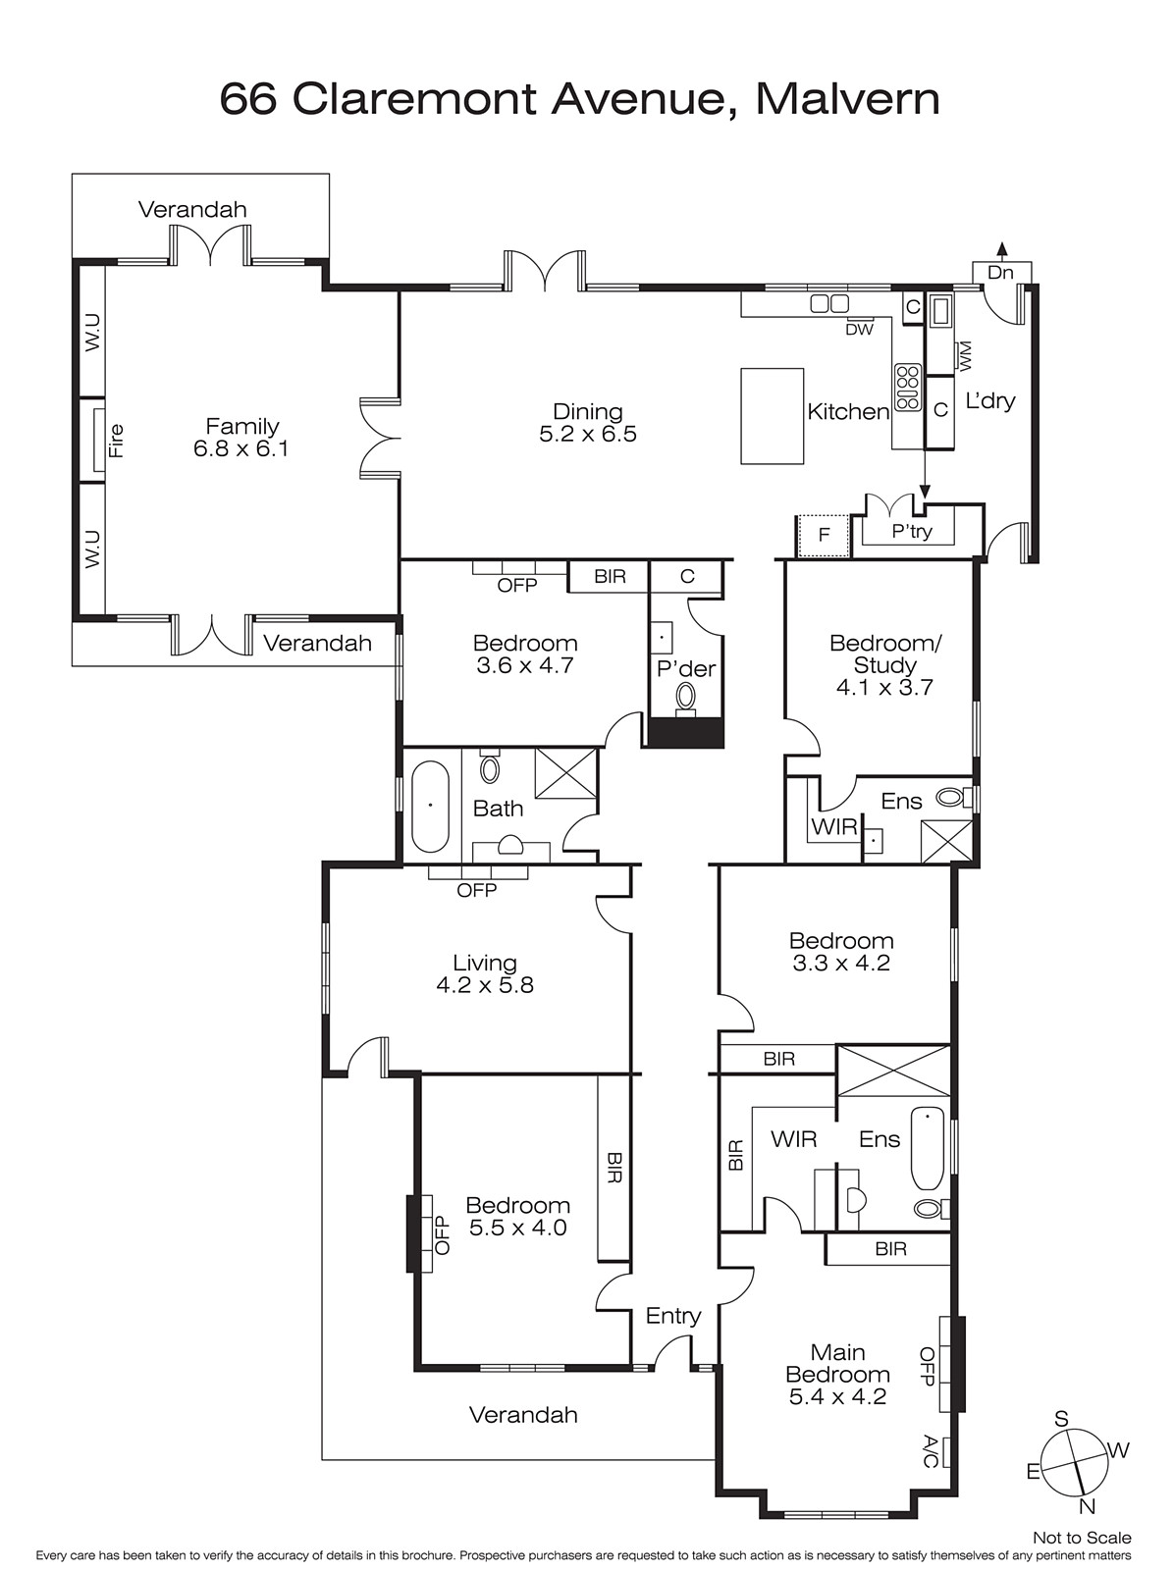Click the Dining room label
587,411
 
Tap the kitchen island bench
772,416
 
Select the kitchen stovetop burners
907,387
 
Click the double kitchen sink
829,304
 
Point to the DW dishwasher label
859,330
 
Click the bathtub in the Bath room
430,807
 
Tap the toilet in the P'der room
686,696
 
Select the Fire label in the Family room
116,441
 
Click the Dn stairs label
1000,273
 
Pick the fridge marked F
824,535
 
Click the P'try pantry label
912,532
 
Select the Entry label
673,1316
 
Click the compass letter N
1087,1506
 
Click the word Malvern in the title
848,99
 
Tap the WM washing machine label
965,356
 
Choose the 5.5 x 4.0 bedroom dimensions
518,1228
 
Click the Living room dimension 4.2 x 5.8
485,985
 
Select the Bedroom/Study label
885,654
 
